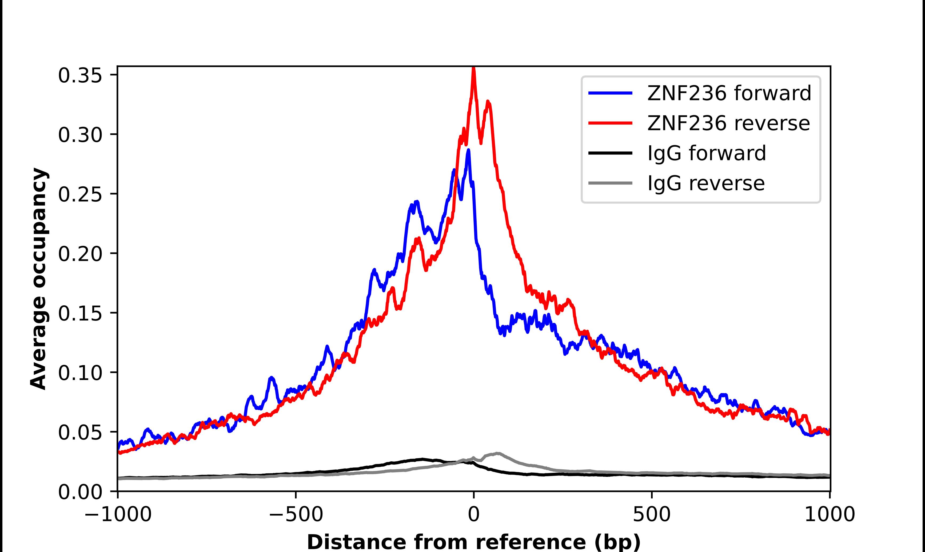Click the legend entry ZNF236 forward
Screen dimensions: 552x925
[729, 93]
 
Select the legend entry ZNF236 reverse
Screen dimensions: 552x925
[728, 123]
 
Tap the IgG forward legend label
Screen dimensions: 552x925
[707, 153]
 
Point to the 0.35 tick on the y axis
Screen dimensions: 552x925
[79, 75]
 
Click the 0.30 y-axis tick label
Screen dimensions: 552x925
[79, 135]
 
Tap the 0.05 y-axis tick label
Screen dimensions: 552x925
[79, 432]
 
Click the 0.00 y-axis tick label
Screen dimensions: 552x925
[79, 492]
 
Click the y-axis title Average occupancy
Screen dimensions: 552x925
[39, 279]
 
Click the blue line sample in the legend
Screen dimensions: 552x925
[610, 93]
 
